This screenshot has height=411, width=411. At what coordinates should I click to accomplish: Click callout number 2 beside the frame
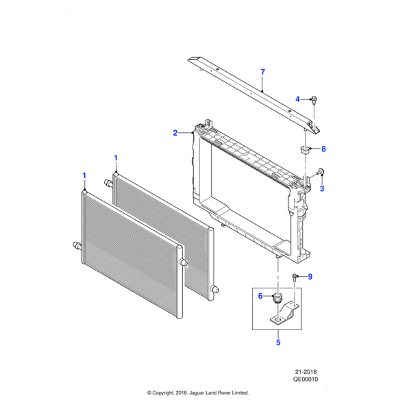click(175, 132)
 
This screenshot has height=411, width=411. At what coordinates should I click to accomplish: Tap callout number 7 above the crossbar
click(262, 72)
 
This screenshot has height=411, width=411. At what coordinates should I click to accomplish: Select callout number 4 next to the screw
click(298, 99)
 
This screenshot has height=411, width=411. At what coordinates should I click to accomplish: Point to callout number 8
click(324, 149)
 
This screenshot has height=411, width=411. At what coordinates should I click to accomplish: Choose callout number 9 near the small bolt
click(310, 277)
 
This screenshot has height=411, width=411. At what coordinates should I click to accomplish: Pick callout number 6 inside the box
click(260, 296)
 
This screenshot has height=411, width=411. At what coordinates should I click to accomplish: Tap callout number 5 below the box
click(278, 342)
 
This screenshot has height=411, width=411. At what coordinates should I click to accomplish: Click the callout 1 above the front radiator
click(84, 175)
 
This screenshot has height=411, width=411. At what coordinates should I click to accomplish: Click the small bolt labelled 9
click(295, 277)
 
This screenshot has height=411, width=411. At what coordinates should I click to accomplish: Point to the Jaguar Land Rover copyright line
click(199, 393)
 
